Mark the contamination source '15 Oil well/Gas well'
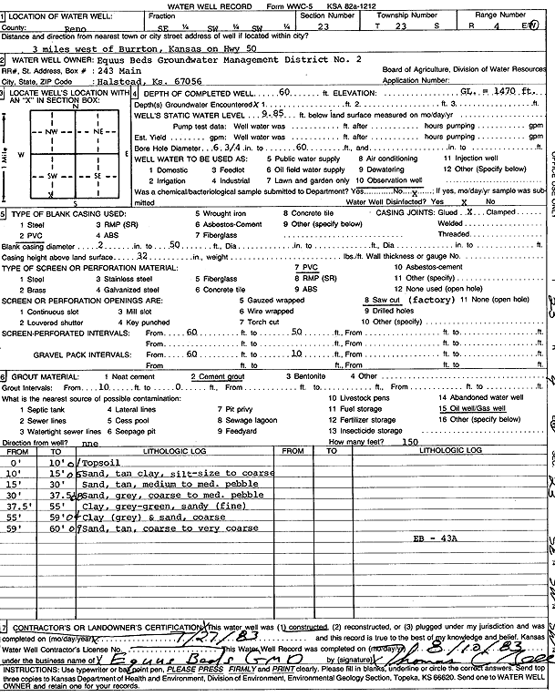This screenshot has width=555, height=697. tap(473, 410)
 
